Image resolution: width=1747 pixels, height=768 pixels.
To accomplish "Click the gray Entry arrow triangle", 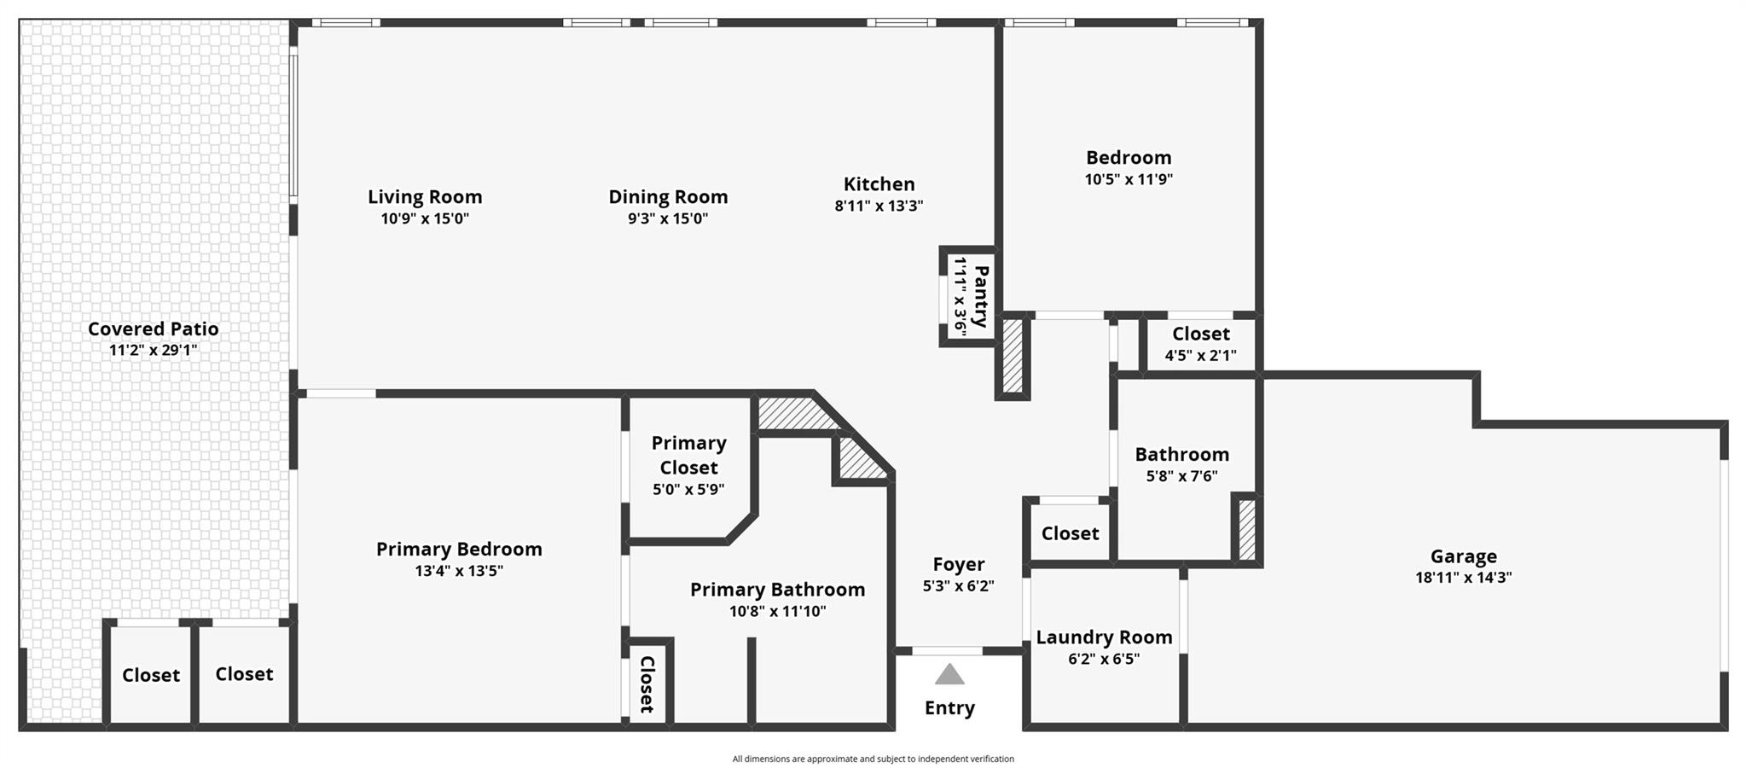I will [949, 675].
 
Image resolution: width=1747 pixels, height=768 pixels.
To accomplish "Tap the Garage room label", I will [1464, 556].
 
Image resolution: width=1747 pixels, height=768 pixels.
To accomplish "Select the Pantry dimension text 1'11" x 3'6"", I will [960, 296].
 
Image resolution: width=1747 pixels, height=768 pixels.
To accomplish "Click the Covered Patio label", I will [154, 329].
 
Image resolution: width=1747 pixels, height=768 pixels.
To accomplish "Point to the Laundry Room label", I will [1104, 637].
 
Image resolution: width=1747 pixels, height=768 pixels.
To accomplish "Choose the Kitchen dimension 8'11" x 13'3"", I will [879, 206].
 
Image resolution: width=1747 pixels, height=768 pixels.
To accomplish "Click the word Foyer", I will [959, 564].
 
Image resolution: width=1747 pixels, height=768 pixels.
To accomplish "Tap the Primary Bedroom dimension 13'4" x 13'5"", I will [459, 571].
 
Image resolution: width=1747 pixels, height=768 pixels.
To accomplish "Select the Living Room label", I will [425, 197].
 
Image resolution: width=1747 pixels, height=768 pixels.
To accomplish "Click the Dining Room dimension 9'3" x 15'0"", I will [668, 218].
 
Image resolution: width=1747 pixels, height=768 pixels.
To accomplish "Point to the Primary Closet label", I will [689, 455].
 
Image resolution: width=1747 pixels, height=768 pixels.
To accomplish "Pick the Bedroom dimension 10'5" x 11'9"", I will [1129, 179].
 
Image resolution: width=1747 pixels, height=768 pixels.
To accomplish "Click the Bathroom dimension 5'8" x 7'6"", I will [1181, 476].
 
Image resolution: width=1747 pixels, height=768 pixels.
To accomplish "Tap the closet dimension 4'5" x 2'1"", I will [1200, 356].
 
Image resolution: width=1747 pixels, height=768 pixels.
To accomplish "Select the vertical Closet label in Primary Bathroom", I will [647, 684].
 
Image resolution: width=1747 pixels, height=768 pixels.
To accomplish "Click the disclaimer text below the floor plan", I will [873, 759].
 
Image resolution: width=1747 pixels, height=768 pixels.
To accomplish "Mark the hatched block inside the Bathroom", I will [1247, 529].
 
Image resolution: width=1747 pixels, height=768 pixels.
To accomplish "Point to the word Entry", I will [949, 708].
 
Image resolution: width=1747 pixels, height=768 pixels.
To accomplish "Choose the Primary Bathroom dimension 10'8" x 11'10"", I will [777, 611].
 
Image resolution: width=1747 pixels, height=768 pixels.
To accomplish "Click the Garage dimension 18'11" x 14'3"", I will [1464, 578].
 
